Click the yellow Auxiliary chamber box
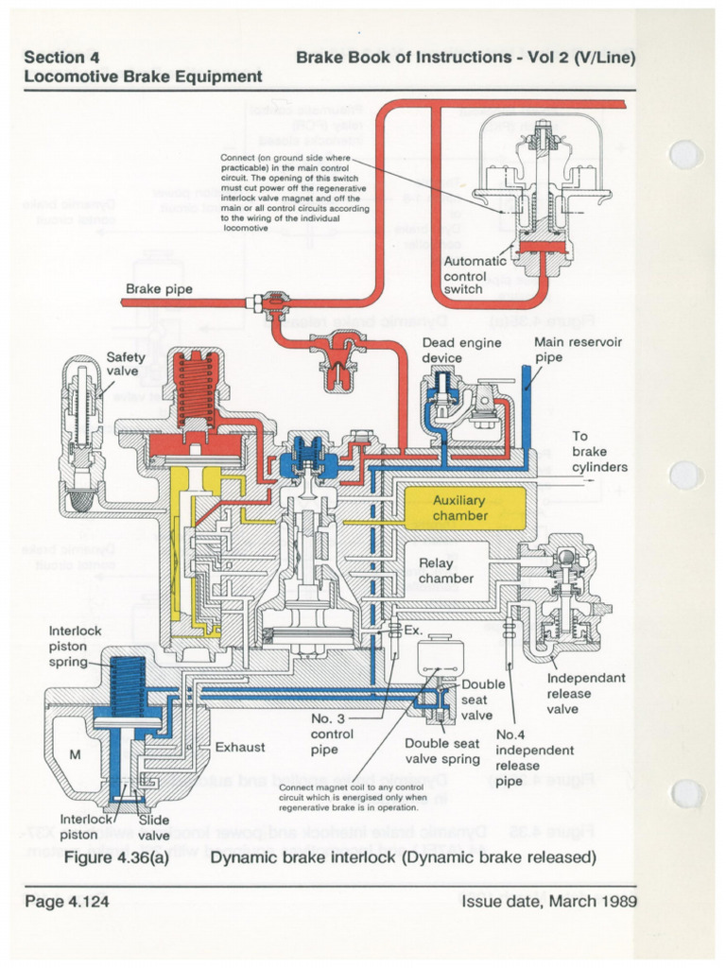(x=459, y=508)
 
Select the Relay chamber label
(x=446, y=570)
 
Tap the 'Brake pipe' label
(x=159, y=288)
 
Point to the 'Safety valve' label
(x=125, y=364)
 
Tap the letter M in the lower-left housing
(x=76, y=753)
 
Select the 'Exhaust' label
(x=240, y=747)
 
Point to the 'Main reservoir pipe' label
(x=578, y=350)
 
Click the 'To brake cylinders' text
(x=599, y=451)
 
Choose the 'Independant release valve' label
(x=587, y=693)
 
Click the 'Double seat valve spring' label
(x=442, y=751)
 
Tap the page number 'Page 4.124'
(x=67, y=901)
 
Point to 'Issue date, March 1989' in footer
(x=548, y=901)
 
